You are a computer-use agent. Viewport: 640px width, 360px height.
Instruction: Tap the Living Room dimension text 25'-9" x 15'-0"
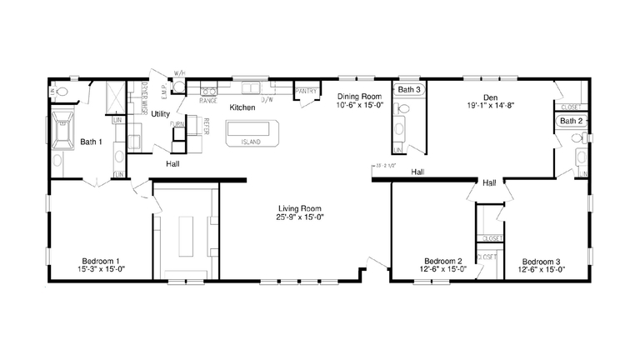click(x=301, y=217)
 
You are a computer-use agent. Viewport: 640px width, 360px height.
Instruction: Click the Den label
click(x=491, y=96)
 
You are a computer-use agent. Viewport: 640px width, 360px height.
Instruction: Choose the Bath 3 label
click(x=409, y=89)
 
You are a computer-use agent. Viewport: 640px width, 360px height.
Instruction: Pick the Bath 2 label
click(x=571, y=121)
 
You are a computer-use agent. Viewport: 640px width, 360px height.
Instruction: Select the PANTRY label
click(x=306, y=92)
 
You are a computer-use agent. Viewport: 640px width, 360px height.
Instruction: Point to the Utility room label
click(x=162, y=114)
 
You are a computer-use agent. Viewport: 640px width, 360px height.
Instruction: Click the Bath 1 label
click(x=92, y=142)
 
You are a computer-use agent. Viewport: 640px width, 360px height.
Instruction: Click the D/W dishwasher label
click(x=267, y=100)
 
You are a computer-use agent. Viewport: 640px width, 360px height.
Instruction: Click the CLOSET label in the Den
click(x=571, y=107)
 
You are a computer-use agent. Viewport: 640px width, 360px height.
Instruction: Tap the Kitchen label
click(x=242, y=108)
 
